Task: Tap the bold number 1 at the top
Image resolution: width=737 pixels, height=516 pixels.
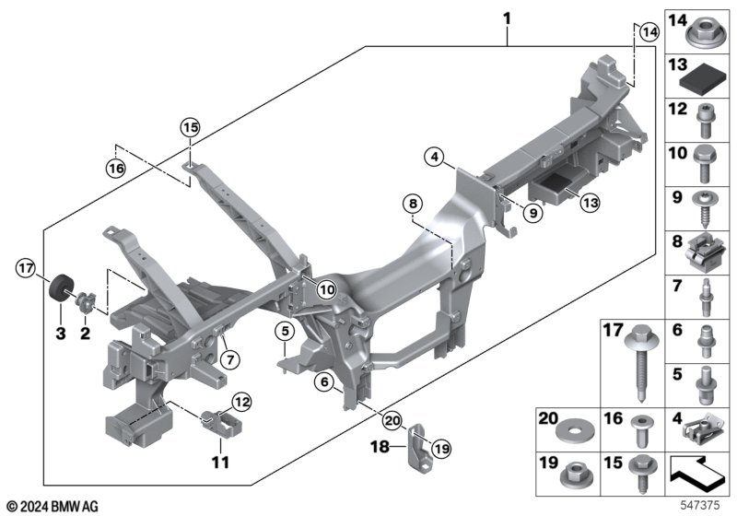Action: (506, 17)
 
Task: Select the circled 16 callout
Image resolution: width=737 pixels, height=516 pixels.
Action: (115, 169)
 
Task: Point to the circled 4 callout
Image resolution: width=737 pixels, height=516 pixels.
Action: (435, 158)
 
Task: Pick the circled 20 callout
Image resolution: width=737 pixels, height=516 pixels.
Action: (392, 421)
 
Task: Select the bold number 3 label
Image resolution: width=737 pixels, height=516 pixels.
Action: (60, 332)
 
